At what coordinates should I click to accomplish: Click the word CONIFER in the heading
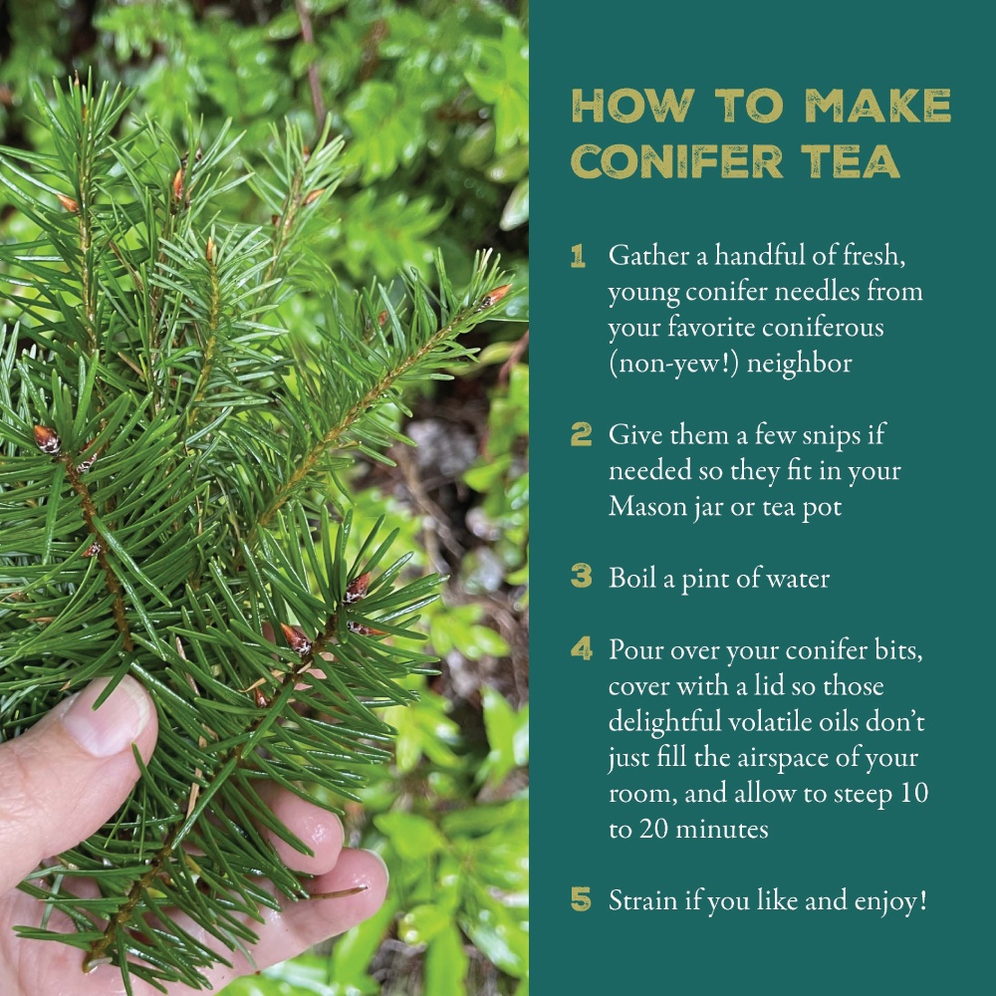(677, 161)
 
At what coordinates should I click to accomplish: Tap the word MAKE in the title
(877, 106)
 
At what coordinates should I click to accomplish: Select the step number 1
(578, 257)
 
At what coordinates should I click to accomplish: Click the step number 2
(582, 434)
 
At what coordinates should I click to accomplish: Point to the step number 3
(582, 576)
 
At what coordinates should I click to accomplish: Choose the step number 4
(582, 648)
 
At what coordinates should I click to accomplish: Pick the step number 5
(582, 898)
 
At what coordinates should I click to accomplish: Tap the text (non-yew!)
(673, 364)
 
